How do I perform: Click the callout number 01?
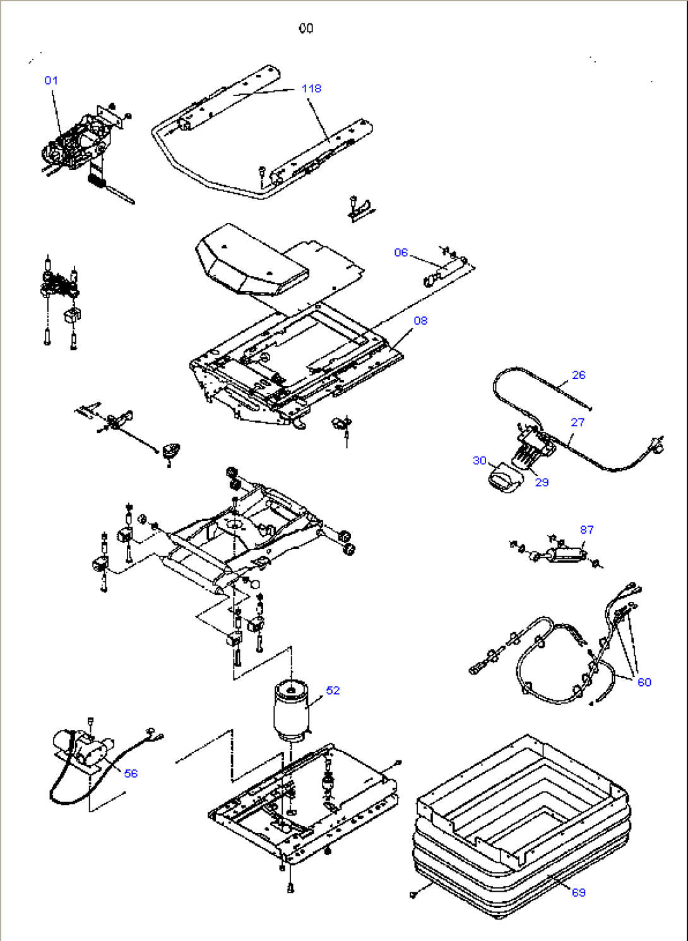(x=51, y=80)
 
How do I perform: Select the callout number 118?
(x=311, y=88)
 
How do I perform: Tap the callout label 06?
(x=401, y=253)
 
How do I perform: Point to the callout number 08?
(x=420, y=321)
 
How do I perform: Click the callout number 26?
(x=578, y=375)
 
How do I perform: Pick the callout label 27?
(x=578, y=423)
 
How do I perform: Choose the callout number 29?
(x=542, y=482)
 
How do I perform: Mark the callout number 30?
(x=480, y=460)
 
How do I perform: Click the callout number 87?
(x=586, y=530)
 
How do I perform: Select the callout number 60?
(x=644, y=682)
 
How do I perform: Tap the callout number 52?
(x=333, y=690)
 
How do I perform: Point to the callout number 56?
(x=131, y=774)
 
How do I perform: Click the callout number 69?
(x=578, y=892)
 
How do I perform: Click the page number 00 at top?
(x=306, y=28)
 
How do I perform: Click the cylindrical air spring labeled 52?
(x=290, y=710)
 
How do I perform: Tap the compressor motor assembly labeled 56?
(x=82, y=748)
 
